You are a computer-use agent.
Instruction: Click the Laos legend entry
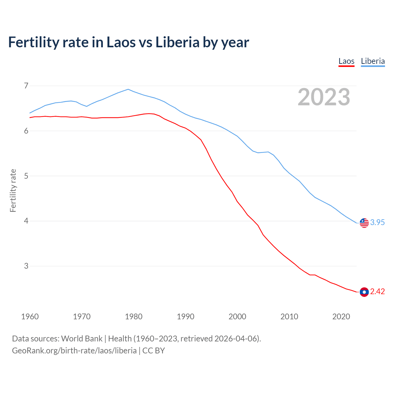click(x=346, y=61)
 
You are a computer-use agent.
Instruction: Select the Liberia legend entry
click(x=373, y=61)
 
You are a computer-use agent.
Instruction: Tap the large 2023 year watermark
click(x=324, y=97)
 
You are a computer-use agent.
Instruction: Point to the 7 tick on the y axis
click(x=26, y=86)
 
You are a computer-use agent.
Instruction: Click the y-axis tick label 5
click(x=26, y=176)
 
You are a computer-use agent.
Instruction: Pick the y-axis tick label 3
click(x=26, y=266)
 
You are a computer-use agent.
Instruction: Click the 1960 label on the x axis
click(x=30, y=317)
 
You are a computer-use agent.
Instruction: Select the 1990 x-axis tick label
click(x=185, y=317)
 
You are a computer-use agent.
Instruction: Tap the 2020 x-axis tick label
click(x=341, y=317)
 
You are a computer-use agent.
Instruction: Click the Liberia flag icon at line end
click(x=364, y=223)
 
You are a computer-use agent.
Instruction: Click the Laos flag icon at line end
click(x=364, y=292)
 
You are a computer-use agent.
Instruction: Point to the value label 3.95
click(x=377, y=222)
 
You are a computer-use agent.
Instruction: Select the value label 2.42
click(x=377, y=291)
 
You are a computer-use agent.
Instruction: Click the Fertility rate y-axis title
click(x=13, y=190)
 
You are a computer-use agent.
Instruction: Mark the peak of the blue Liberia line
click(x=128, y=89)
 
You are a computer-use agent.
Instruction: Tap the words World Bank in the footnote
click(x=82, y=339)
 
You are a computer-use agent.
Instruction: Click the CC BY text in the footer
click(x=154, y=351)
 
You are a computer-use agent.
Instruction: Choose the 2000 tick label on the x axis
click(x=237, y=317)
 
